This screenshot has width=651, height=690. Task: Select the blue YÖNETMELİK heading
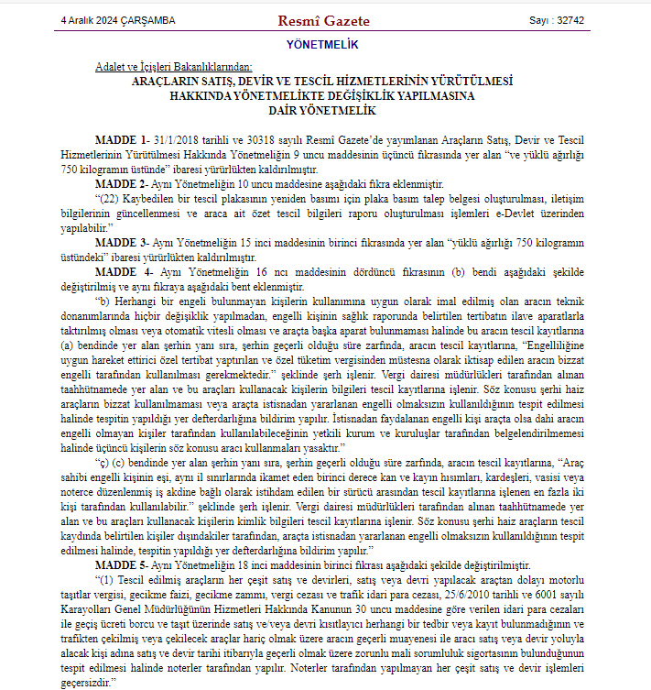[x=322, y=44]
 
